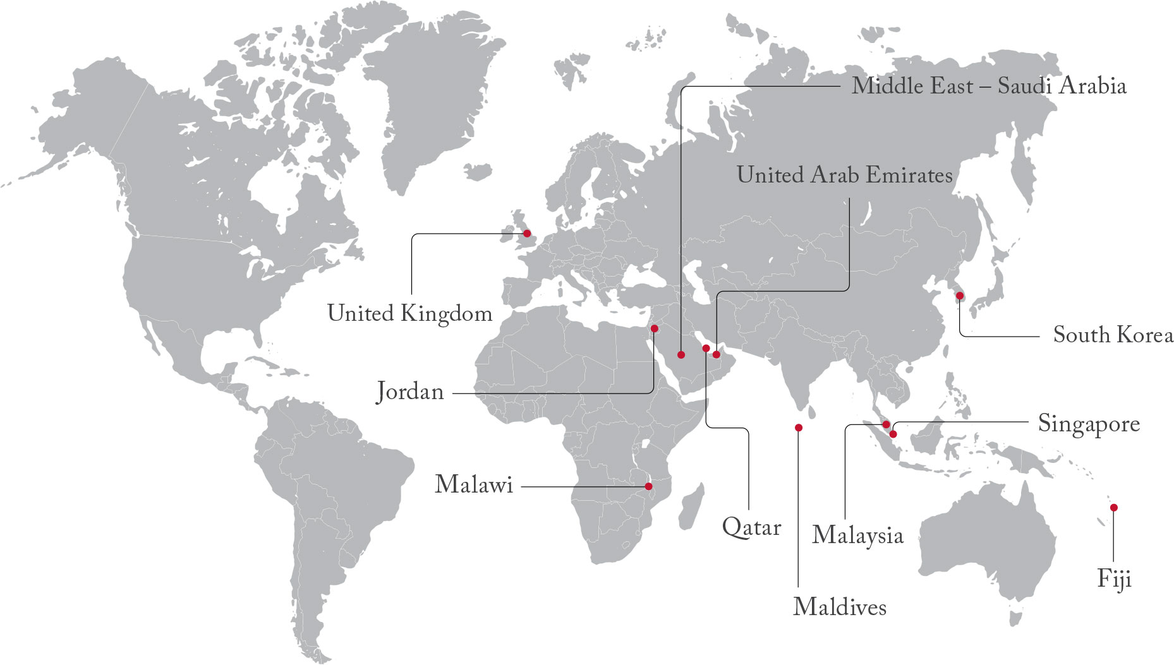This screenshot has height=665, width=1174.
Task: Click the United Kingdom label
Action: [x=409, y=313]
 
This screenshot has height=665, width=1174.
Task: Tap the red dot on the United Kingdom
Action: [x=527, y=234]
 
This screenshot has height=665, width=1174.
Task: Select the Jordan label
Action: [x=410, y=392]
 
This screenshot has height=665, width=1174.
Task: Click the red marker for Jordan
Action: [x=655, y=328]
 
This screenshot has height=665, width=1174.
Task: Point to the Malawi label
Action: [x=474, y=485]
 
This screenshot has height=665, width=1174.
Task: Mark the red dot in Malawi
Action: [x=648, y=486]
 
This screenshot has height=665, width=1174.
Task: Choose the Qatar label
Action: [x=751, y=527]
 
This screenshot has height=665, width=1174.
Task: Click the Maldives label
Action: [x=840, y=607]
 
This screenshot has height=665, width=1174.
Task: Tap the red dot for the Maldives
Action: [x=799, y=428]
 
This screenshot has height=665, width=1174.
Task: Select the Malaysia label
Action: [x=857, y=535]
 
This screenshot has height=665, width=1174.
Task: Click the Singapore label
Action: [x=1089, y=424]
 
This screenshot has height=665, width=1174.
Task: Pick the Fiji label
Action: [x=1114, y=578]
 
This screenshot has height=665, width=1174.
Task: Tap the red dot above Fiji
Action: [x=1113, y=507]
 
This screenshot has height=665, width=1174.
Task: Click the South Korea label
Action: [x=1113, y=335]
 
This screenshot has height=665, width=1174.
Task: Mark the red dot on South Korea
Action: [x=960, y=296]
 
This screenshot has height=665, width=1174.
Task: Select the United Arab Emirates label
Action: [x=844, y=175]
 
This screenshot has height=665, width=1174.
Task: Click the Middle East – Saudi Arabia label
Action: [x=989, y=86]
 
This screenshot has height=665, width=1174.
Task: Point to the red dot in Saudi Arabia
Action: [x=681, y=354]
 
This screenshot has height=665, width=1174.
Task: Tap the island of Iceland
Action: [x=478, y=171]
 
